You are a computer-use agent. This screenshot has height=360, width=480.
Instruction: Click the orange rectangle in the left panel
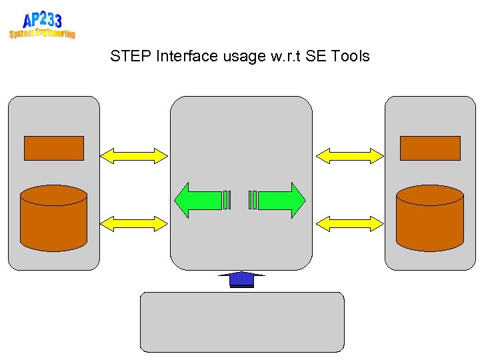tap(54, 148)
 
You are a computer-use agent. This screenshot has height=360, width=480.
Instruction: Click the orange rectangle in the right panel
tap(430, 148)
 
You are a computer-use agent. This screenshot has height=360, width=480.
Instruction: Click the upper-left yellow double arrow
tap(134, 155)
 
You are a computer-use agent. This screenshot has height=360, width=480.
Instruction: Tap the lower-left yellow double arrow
tap(134, 223)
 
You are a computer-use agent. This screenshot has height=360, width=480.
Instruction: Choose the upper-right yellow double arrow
tap(350, 155)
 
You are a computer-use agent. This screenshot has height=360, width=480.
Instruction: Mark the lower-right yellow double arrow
tap(350, 223)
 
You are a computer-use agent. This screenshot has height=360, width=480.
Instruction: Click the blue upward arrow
tap(242, 279)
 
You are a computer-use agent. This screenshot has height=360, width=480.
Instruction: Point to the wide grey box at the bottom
tap(242, 322)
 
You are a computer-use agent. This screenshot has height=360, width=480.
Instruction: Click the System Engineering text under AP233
tap(42, 33)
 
